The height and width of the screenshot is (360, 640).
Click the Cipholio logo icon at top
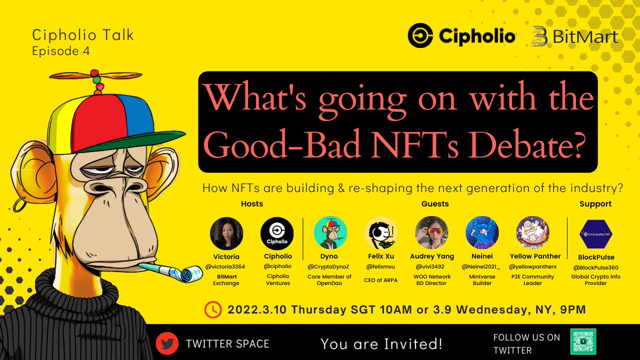click(421, 36)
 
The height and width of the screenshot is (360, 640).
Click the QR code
click(583, 342)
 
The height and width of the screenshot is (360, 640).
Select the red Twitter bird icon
click(167, 343)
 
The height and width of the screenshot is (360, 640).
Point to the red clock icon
click(213, 309)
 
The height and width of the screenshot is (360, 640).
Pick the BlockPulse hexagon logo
click(595, 233)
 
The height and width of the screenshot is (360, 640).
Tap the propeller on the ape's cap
click(94, 77)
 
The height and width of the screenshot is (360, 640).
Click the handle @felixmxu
click(381, 266)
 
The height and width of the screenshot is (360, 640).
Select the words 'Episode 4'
click(61, 52)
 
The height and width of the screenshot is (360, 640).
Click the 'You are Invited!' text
click(381, 344)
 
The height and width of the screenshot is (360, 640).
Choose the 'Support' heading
click(595, 204)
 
